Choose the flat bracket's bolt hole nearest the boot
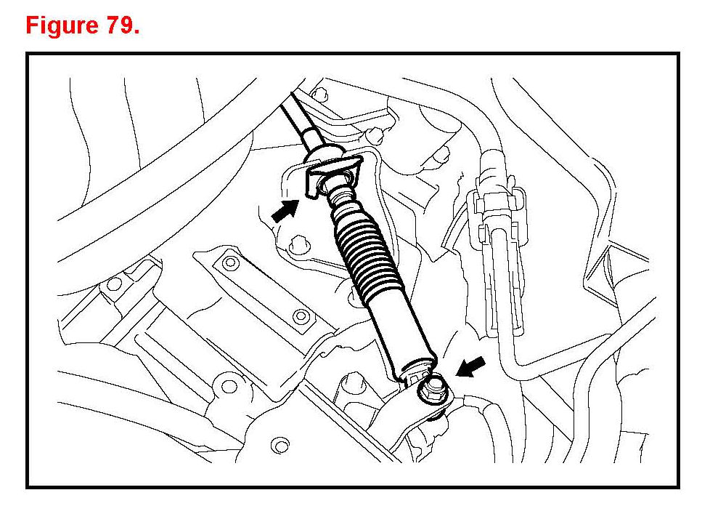(x=300, y=316)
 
